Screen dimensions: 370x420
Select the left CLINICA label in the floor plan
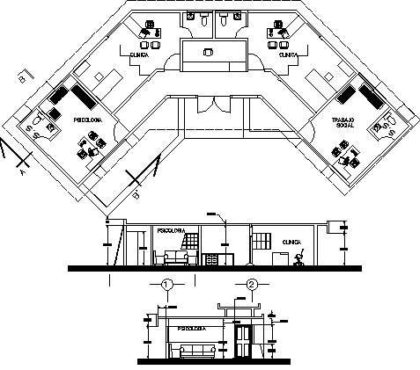(138, 54)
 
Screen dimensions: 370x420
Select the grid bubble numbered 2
(253, 285)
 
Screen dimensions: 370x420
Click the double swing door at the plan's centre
(211, 104)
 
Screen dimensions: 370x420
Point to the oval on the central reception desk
(210, 53)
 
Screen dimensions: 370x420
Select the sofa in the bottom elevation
(198, 352)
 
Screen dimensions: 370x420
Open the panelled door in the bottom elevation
(243, 342)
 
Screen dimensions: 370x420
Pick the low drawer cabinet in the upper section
(210, 258)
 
